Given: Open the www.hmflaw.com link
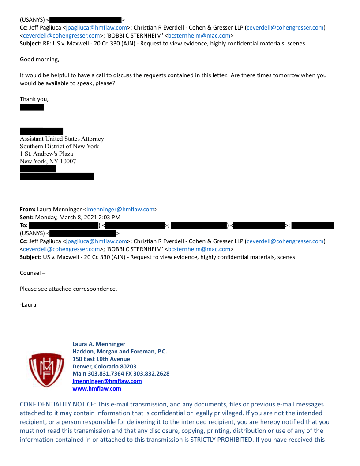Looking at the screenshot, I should pyautogui.click(x=97, y=388).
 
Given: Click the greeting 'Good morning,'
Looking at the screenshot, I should pyautogui.click(x=39, y=59).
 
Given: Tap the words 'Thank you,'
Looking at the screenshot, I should pyautogui.click(x=34, y=99).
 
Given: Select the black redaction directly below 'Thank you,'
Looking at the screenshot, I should pyautogui.click(x=32, y=107).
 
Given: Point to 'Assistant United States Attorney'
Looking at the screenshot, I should pyautogui.click(x=62, y=139).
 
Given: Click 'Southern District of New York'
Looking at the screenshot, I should pyautogui.click(x=59, y=146).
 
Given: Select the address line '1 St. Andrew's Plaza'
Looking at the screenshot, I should pyautogui.click(x=46, y=154).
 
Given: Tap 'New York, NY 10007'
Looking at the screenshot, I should pyautogui.click(x=48, y=161).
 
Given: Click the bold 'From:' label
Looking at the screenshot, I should pyautogui.click(x=28, y=209).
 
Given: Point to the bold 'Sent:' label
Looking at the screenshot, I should pyautogui.click(x=27, y=217).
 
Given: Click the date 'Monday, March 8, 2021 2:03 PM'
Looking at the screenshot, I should pyautogui.click(x=78, y=217).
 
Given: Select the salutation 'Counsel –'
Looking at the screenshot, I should pyautogui.click(x=33, y=273).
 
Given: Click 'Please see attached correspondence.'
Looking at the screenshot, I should pyautogui.click(x=68, y=289).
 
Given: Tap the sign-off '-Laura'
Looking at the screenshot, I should pyautogui.click(x=28, y=304).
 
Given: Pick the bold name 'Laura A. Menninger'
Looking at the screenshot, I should pyautogui.click(x=99, y=344).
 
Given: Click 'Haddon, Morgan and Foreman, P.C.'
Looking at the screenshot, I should pyautogui.click(x=120, y=351).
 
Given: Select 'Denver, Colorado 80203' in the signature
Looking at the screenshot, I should pyautogui.click(x=104, y=366).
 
